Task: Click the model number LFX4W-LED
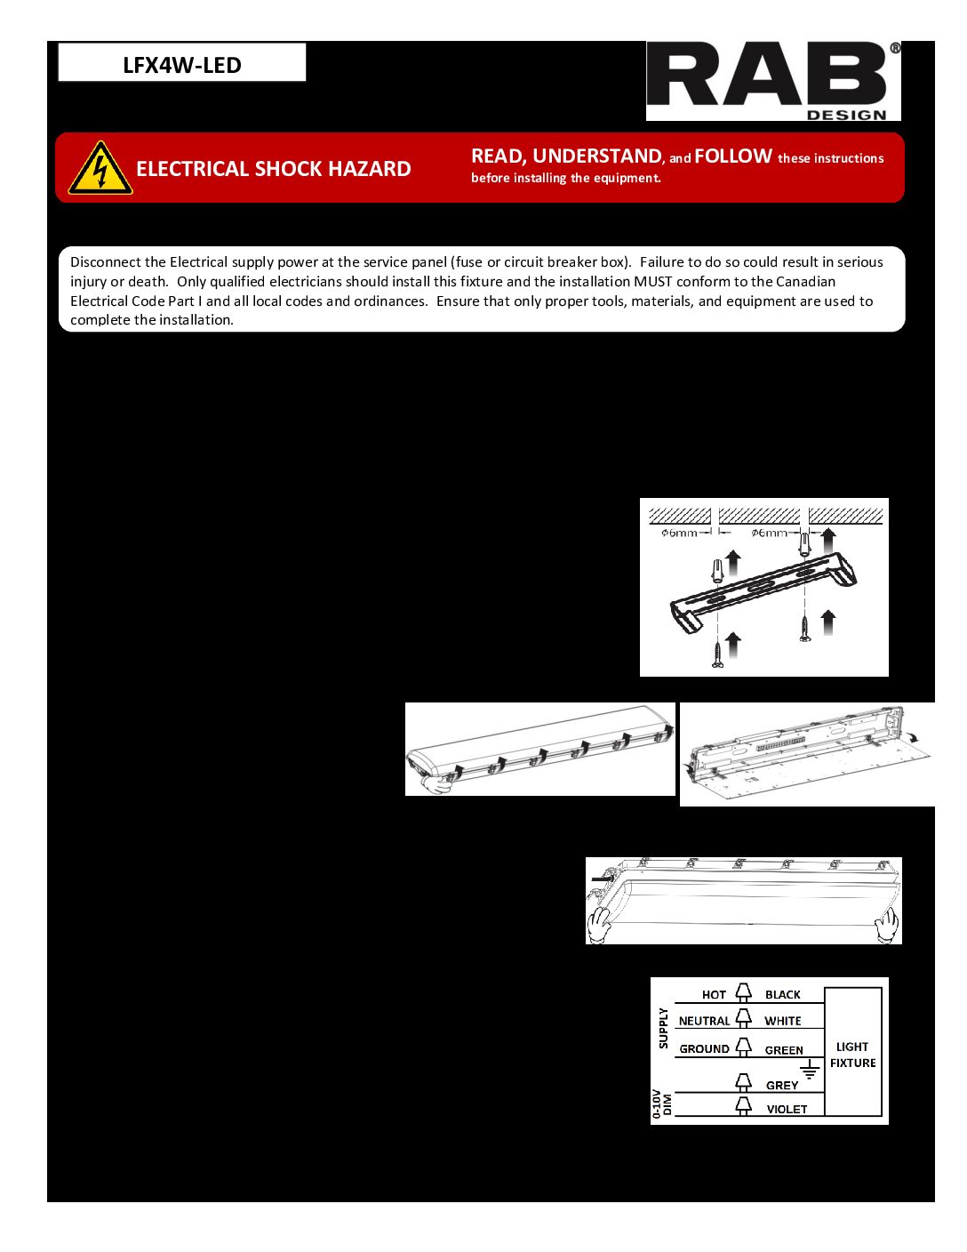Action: coord(182,65)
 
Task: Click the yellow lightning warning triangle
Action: coord(100,168)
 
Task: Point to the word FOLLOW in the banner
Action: coord(733,156)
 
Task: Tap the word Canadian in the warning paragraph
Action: coord(805,282)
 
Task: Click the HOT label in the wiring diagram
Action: coord(714,995)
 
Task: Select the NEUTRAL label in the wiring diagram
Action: coord(704,1022)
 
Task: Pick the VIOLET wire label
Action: coord(787,1110)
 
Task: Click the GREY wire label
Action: coord(782,1086)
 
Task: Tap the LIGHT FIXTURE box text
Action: coord(852,1055)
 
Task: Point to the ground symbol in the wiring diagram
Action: coord(809,1070)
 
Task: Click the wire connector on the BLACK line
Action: coord(744,993)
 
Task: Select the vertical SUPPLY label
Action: coord(663,1028)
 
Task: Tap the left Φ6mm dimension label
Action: coord(679,533)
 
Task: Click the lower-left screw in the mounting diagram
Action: coord(717,654)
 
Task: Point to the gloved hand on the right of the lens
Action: coord(886,926)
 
